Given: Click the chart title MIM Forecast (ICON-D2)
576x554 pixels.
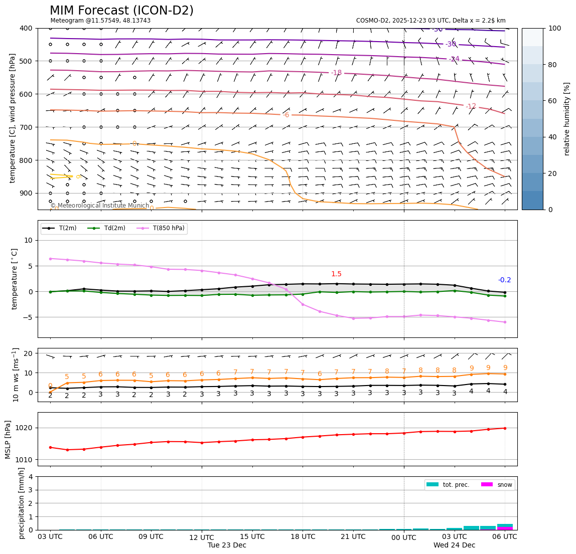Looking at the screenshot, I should coord(121,11).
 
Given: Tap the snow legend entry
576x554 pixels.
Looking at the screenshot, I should coord(504,485).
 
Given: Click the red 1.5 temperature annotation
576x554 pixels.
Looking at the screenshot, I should coord(336,274).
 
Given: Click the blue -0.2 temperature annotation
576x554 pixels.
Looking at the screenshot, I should coord(504,280).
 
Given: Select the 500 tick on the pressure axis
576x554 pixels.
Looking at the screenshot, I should coord(26,61).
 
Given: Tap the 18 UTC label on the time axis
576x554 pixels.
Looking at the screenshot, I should coord(303,537).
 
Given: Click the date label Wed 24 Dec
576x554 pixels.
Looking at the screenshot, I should coord(454,545).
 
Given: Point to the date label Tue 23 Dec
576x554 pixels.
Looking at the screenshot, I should coord(227,545).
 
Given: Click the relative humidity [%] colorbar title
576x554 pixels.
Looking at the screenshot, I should coord(567,119).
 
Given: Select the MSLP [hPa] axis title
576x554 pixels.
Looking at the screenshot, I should coord(8,439).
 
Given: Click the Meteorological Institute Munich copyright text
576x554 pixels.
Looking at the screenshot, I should coord(99,206).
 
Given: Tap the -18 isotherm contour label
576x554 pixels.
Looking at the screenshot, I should coord(336,73).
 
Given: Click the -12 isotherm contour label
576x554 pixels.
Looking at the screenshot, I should coord(471,106).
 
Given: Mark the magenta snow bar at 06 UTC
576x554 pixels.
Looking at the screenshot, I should coord(505,528).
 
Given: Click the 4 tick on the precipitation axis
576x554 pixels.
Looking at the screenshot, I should coord(32,477).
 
